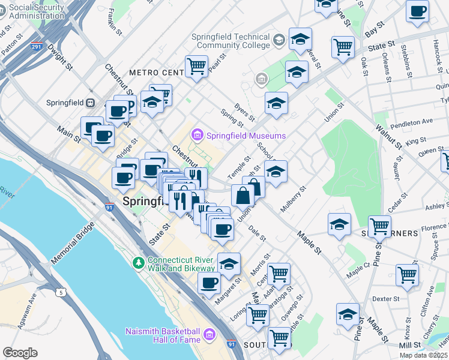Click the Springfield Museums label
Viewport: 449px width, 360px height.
click(246, 136)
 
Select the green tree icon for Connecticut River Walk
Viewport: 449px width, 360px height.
click(139, 263)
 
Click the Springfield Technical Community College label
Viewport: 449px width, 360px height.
click(231, 41)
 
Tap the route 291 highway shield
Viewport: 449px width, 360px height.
click(37, 46)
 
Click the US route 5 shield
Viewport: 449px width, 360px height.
click(61, 293)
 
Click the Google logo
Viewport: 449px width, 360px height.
click(20, 353)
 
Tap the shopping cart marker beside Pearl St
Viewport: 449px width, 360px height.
click(196, 67)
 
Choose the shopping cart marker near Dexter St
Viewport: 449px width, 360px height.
click(407, 275)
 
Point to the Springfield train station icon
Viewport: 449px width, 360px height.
click(90, 103)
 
